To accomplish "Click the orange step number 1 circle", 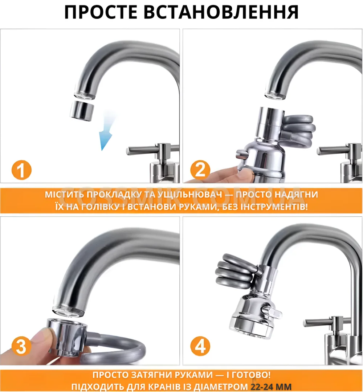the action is click(21, 170).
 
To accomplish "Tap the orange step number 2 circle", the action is click(200, 170).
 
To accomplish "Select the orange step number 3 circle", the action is click(21, 346).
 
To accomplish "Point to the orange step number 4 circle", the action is click(200, 346).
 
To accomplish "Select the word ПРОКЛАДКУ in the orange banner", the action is click(113, 195).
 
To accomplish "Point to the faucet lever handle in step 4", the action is click(321, 323).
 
